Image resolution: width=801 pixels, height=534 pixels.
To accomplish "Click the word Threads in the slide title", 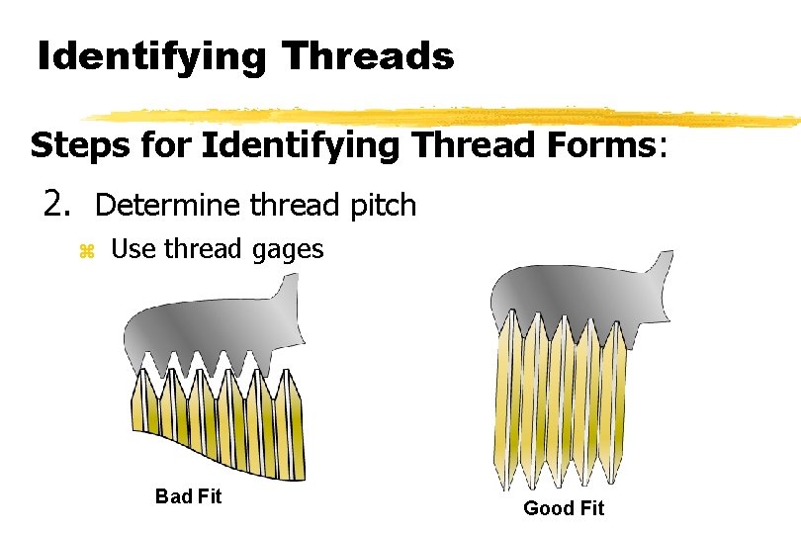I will (x=368, y=56).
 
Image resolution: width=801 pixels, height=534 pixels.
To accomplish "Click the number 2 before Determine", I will (x=55, y=205).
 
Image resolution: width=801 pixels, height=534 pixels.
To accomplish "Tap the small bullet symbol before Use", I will (x=86, y=251).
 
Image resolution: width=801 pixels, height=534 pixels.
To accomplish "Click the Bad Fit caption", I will (x=188, y=496).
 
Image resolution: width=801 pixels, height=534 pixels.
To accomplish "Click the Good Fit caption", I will (x=563, y=508).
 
